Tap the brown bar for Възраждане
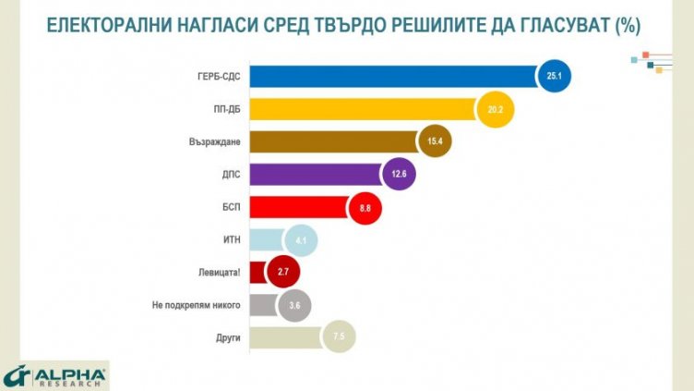point(332,143)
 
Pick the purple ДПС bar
point(314,175)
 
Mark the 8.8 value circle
point(365,208)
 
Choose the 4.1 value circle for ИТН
point(301,241)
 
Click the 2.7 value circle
point(283,273)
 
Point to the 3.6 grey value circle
point(294,305)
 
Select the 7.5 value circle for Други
point(338,336)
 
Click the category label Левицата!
point(219,273)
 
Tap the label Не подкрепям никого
point(197,305)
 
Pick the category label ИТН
point(231,240)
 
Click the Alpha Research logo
point(55,375)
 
